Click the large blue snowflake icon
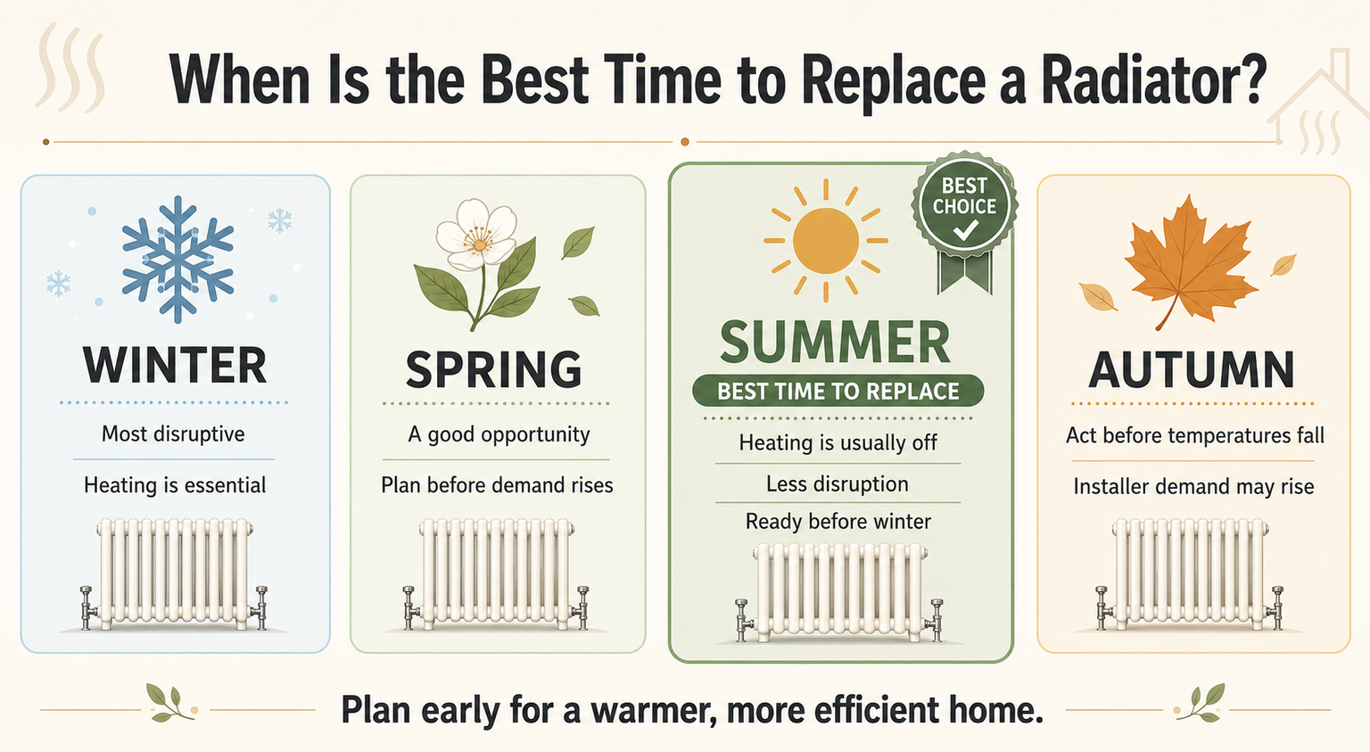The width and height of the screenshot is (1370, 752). click(x=178, y=260)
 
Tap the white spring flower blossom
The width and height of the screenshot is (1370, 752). click(x=476, y=236)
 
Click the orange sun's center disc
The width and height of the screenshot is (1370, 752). click(x=826, y=241)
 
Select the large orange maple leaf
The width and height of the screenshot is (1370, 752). click(x=1190, y=260)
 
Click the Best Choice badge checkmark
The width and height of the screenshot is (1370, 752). click(x=965, y=231)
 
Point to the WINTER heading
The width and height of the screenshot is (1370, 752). click(x=175, y=365)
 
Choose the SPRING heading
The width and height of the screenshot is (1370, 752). click(x=494, y=369)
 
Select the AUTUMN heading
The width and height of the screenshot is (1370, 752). click(x=1192, y=369)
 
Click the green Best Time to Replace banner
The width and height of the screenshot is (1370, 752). click(x=838, y=391)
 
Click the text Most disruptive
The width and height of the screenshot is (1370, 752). click(x=173, y=434)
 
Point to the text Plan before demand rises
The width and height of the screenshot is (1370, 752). click(x=497, y=485)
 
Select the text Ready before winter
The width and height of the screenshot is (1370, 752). click(x=838, y=521)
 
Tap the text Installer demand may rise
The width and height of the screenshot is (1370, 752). click(x=1194, y=486)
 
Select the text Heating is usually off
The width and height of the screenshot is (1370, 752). click(x=838, y=442)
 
